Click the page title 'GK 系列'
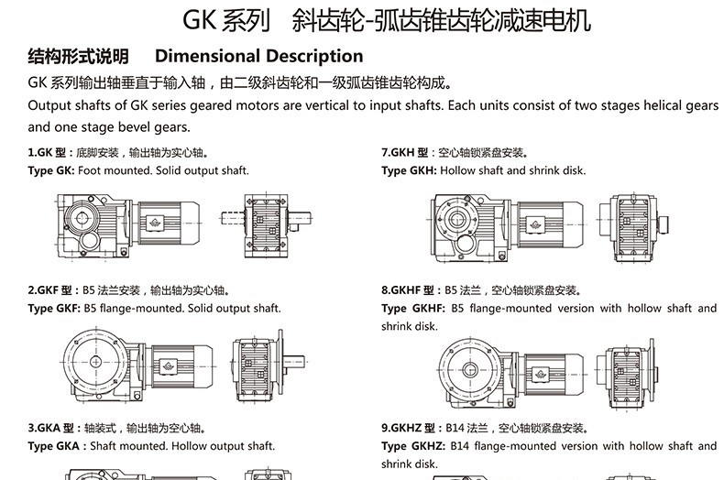(x=221, y=19)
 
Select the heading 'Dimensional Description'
(x=259, y=56)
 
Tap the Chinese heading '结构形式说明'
(x=78, y=56)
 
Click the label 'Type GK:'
(x=51, y=170)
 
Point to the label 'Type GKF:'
(x=54, y=309)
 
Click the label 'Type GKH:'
(x=409, y=170)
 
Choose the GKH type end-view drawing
(x=636, y=220)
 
